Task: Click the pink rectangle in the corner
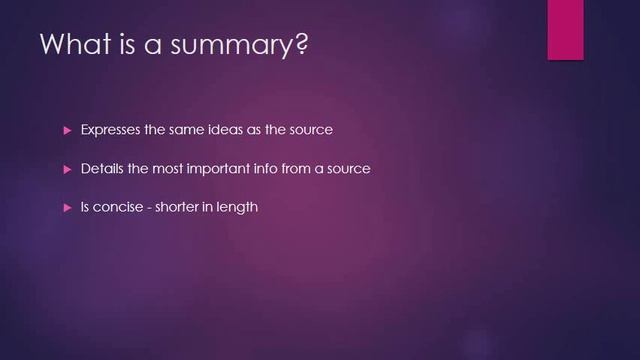(x=566, y=30)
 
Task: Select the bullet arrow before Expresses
(x=67, y=130)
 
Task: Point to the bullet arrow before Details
(x=67, y=169)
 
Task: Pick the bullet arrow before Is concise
(x=67, y=208)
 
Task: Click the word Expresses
(x=112, y=130)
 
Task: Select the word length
(x=240, y=208)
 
